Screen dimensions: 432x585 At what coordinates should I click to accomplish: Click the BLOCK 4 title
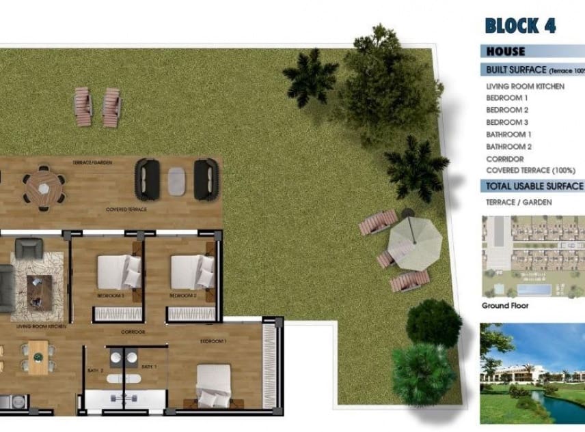[519, 26]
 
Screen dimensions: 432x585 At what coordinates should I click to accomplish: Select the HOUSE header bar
[506, 51]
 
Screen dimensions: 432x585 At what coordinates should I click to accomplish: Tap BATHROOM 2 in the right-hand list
[508, 147]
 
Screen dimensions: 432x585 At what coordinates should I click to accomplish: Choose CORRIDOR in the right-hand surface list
[504, 159]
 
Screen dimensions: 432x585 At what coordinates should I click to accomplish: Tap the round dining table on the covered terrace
[44, 185]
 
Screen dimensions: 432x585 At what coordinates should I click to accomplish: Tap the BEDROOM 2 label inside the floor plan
[182, 296]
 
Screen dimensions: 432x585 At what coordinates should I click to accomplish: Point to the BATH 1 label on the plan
[149, 367]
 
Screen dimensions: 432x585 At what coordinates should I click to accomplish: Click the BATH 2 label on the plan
[96, 370]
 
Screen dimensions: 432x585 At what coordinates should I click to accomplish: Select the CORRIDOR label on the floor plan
[133, 332]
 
